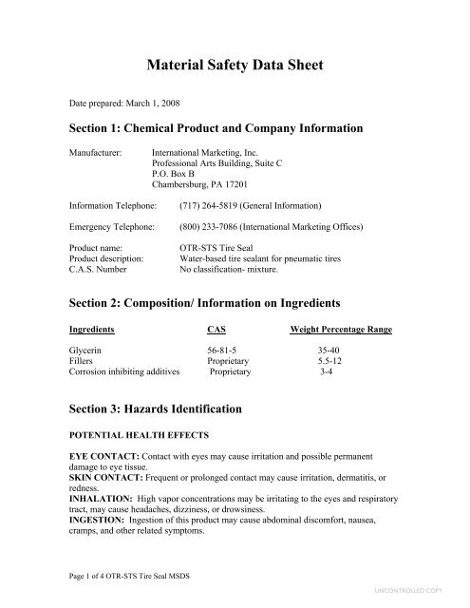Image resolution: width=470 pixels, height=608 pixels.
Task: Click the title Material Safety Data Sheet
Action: [x=235, y=66]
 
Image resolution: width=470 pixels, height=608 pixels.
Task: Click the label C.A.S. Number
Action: [x=100, y=268]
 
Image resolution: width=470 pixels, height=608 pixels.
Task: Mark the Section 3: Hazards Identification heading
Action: [x=157, y=408]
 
